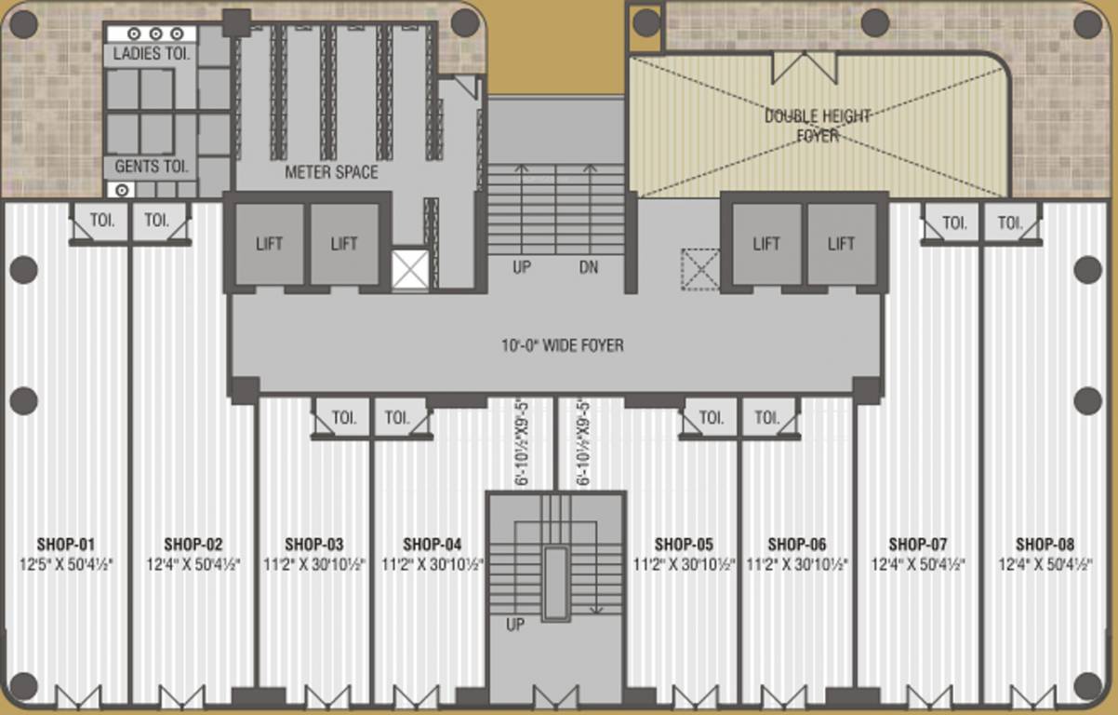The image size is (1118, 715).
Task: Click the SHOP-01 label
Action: coord(66,544)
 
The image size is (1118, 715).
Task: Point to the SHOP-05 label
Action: coord(684,544)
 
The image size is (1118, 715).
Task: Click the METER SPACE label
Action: coord(331,172)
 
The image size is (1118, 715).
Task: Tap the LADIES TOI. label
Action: coord(152,54)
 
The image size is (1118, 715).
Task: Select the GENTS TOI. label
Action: coord(152,168)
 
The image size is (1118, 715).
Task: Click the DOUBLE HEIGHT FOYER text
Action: coord(818,126)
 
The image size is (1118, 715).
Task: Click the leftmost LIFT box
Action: coord(270,244)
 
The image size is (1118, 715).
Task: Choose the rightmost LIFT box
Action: coord(842,244)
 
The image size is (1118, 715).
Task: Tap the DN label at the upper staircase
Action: coord(589,268)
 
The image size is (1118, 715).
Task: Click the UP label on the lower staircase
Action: coord(515,625)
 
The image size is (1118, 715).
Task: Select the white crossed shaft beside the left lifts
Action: coord(409,269)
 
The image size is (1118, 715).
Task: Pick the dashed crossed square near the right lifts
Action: coord(699,269)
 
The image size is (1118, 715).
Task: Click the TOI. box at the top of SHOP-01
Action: coord(100,222)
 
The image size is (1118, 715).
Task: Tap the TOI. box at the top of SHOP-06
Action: coord(768,418)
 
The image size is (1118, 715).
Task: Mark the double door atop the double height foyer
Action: coord(805,67)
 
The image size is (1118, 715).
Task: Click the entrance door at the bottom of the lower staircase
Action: coord(555,697)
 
